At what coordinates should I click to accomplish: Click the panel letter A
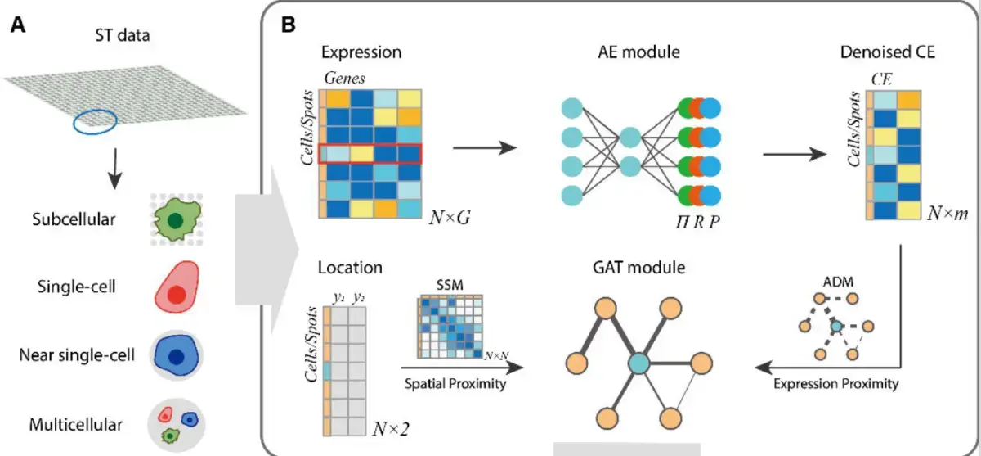click(18, 25)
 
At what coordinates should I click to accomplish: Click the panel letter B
click(288, 25)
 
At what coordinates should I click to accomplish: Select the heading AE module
click(638, 53)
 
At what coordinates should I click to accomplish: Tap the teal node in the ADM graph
click(836, 327)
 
